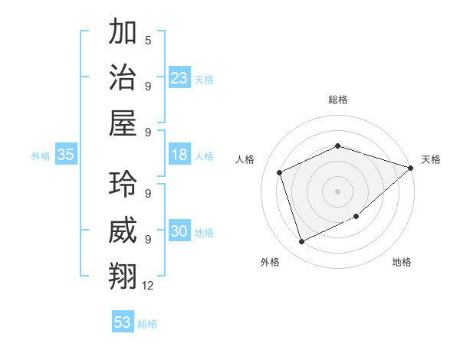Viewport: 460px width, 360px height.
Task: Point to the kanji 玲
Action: pos(123,185)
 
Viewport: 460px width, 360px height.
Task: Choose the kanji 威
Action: pos(123,229)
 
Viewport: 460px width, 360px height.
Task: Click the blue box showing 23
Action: pos(179,78)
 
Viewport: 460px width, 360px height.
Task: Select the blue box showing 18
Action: pos(179,155)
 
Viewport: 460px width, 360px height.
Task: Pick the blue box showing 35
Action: pos(65,155)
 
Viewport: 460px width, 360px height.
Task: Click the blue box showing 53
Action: pos(123,322)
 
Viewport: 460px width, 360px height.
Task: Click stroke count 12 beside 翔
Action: pos(148,285)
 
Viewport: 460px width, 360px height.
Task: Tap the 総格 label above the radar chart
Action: pos(337,100)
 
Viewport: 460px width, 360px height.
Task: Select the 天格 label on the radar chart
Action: pos(431,159)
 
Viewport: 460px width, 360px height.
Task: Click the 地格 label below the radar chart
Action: pos(402,262)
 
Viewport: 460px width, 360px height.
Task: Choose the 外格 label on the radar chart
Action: pos(270,262)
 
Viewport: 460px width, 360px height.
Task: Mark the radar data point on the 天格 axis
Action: pos(410,168)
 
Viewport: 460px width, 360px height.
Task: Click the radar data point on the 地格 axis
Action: pos(356,217)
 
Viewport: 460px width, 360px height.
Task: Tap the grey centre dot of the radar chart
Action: pos(337,191)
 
